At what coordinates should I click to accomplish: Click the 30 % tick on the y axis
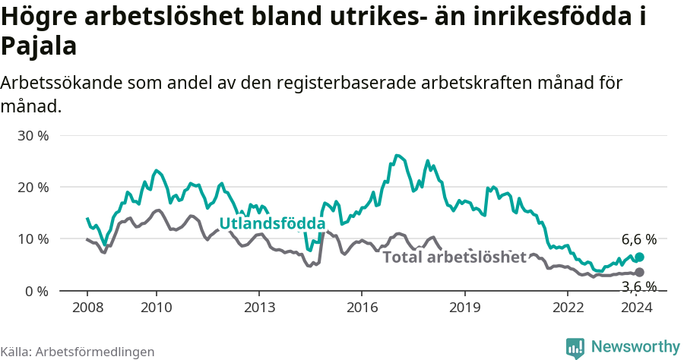click(x=33, y=135)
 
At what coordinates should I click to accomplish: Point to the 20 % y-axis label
click(x=33, y=187)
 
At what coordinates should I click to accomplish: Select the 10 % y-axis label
click(x=33, y=238)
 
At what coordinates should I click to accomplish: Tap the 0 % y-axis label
click(x=36, y=291)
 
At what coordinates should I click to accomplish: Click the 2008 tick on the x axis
click(x=87, y=307)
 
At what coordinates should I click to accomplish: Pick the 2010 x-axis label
click(x=156, y=307)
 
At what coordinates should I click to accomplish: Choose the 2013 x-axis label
click(x=258, y=307)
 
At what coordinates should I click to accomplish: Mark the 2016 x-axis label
click(x=362, y=307)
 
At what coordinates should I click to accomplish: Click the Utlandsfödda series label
click(x=272, y=223)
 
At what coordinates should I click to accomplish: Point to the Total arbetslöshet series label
click(x=454, y=257)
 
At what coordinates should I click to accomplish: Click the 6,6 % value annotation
click(x=638, y=239)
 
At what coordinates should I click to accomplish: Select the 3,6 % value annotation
click(x=638, y=286)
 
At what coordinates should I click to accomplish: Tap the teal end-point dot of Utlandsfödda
click(x=639, y=257)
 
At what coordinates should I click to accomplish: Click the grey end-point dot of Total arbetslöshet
click(x=639, y=272)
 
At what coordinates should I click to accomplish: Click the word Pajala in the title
click(x=39, y=46)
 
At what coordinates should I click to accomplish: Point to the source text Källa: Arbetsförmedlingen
click(x=78, y=352)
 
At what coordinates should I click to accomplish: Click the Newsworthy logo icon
click(x=575, y=348)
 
